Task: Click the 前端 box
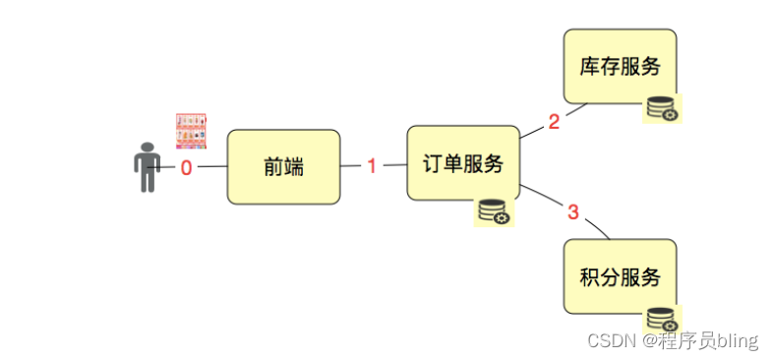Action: pyautogui.click(x=283, y=166)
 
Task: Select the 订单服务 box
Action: pyautogui.click(x=462, y=163)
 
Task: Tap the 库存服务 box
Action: pyautogui.click(x=620, y=66)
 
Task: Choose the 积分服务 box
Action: pyautogui.click(x=620, y=276)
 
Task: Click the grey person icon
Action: pyautogui.click(x=147, y=167)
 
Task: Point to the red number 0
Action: pyautogui.click(x=186, y=167)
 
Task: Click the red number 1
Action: pyautogui.click(x=372, y=166)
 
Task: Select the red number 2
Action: pyautogui.click(x=554, y=122)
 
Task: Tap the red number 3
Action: pyautogui.click(x=573, y=211)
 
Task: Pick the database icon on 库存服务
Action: pyautogui.click(x=662, y=109)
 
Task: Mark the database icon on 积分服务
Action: pyautogui.click(x=662, y=320)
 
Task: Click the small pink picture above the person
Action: pyautogui.click(x=192, y=131)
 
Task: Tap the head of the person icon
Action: pyautogui.click(x=147, y=148)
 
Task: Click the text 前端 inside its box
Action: pyautogui.click(x=283, y=166)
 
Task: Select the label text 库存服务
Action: pyautogui.click(x=620, y=66)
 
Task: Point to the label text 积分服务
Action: pyautogui.click(x=620, y=276)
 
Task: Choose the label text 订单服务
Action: pyautogui.click(x=462, y=163)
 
